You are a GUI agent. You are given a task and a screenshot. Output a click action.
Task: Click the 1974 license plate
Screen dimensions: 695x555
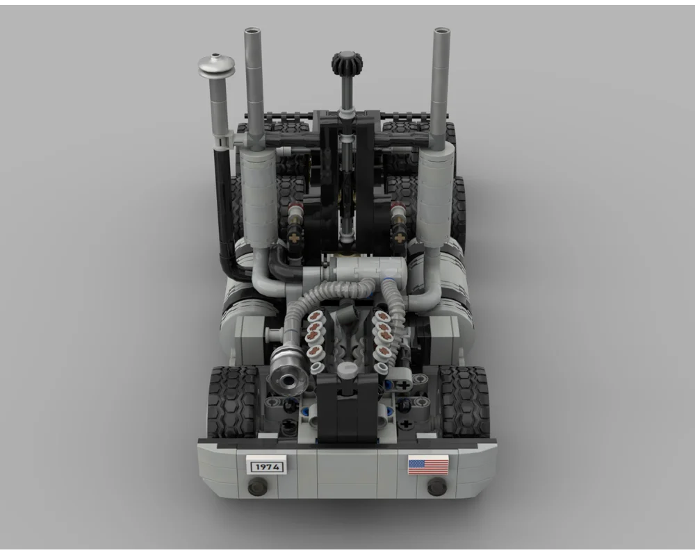pyautogui.click(x=266, y=466)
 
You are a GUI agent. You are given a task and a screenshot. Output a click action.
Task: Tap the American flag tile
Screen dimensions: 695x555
pyautogui.click(x=428, y=465)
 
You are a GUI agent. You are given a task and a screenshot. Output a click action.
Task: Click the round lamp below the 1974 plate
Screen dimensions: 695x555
pyautogui.click(x=257, y=487)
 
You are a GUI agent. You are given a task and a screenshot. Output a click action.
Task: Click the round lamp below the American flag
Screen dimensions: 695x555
pyautogui.click(x=436, y=487)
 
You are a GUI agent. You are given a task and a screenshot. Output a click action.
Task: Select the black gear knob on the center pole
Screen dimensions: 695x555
pyautogui.click(x=347, y=63)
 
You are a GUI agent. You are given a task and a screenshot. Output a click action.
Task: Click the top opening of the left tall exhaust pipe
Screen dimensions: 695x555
pyautogui.click(x=251, y=31)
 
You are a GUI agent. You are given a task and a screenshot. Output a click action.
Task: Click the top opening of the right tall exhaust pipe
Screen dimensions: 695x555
pyautogui.click(x=441, y=31)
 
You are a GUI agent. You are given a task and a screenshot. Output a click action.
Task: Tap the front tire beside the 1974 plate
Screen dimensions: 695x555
pyautogui.click(x=233, y=402)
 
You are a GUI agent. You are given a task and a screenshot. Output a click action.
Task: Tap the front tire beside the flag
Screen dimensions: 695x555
pyautogui.click(x=464, y=402)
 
